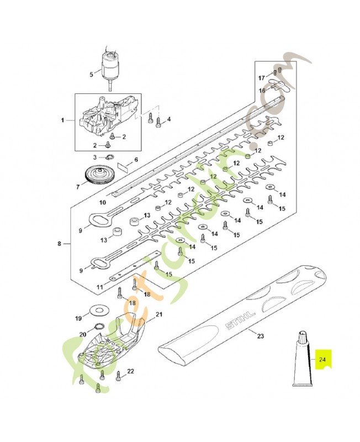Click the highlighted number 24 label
coord(322,360)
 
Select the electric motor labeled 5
coord(109,67)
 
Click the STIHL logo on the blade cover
coord(240,320)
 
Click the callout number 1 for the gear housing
coord(62,120)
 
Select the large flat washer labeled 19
coord(99,311)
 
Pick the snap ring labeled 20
coord(99,327)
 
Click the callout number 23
coord(260,336)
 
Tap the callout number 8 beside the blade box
coord(59,243)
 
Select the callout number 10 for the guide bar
coord(103,202)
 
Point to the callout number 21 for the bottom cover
coord(159,314)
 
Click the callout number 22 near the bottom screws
coord(130,371)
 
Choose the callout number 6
coord(136,160)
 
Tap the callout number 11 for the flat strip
coord(100,287)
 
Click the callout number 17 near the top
coord(262,78)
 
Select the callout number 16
coord(262,91)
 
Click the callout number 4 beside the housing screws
coord(169,119)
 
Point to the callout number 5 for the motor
coord(91,75)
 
